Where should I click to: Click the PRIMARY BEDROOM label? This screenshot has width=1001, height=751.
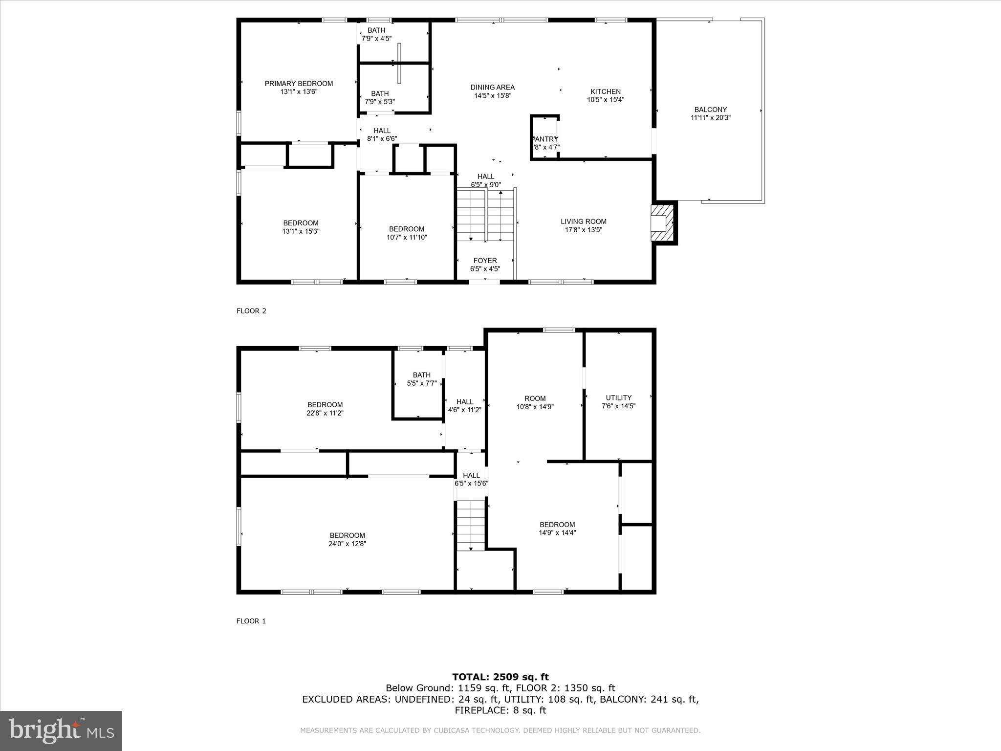pos(299,84)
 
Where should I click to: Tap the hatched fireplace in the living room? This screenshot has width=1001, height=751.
pos(662,223)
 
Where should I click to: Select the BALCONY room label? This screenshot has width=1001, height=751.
pos(710,110)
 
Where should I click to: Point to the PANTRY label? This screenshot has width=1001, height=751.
pos(545,139)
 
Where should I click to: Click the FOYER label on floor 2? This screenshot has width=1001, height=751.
pos(485,261)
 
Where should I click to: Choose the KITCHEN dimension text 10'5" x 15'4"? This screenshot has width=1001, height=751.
pos(606,100)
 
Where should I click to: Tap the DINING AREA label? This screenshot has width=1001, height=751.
pos(492,88)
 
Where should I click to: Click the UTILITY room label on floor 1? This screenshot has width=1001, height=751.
pos(618,398)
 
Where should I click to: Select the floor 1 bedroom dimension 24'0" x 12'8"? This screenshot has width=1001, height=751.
pos(347,544)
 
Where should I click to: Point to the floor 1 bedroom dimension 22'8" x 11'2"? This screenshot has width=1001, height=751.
pos(325,413)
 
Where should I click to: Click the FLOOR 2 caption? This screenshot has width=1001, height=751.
pos(251,311)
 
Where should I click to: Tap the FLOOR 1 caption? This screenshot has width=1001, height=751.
pos(251,621)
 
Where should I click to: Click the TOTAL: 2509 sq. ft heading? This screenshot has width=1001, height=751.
pos(500,677)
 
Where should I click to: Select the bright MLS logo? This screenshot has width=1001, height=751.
pos(61,731)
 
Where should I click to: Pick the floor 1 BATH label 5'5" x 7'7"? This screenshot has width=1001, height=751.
pos(421,375)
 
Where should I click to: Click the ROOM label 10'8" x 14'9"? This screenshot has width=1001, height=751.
pos(535,398)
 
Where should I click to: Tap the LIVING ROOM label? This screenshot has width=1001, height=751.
pos(583,221)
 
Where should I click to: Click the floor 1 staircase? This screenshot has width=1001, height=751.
pos(470,526)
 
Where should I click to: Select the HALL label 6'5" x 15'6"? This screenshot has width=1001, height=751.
pos(471,475)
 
